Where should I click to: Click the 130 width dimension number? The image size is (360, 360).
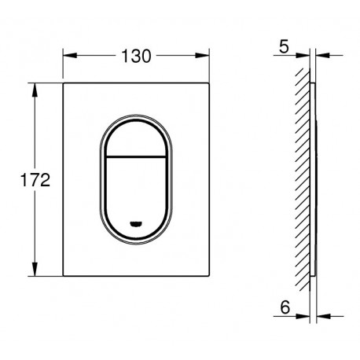coord(136,56)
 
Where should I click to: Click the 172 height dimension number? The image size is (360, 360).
coord(35,180)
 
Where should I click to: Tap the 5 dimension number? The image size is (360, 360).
coord(284,46)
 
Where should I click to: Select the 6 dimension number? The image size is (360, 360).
coord(285,307)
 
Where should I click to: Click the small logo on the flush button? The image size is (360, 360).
coord(136,223)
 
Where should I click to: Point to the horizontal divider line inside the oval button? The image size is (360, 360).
coord(136,157)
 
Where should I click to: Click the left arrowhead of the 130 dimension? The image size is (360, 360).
coord(70,56)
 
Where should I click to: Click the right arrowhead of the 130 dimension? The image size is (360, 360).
coord(202,56)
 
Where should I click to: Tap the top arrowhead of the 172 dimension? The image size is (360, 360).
coord(35,90)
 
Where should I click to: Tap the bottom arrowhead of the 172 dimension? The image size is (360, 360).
coord(35,269)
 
